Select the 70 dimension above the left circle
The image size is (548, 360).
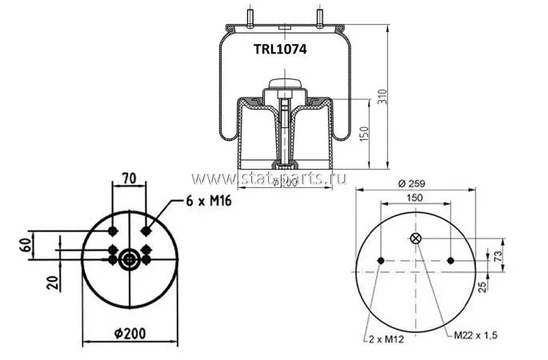tap(129, 178)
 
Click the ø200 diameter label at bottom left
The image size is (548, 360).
tap(129, 334)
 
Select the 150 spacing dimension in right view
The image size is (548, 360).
tap(416, 197)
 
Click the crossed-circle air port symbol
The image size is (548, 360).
tap(416, 238)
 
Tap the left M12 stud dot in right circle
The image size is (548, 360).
tap(381, 260)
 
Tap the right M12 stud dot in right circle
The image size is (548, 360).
tap(451, 260)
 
